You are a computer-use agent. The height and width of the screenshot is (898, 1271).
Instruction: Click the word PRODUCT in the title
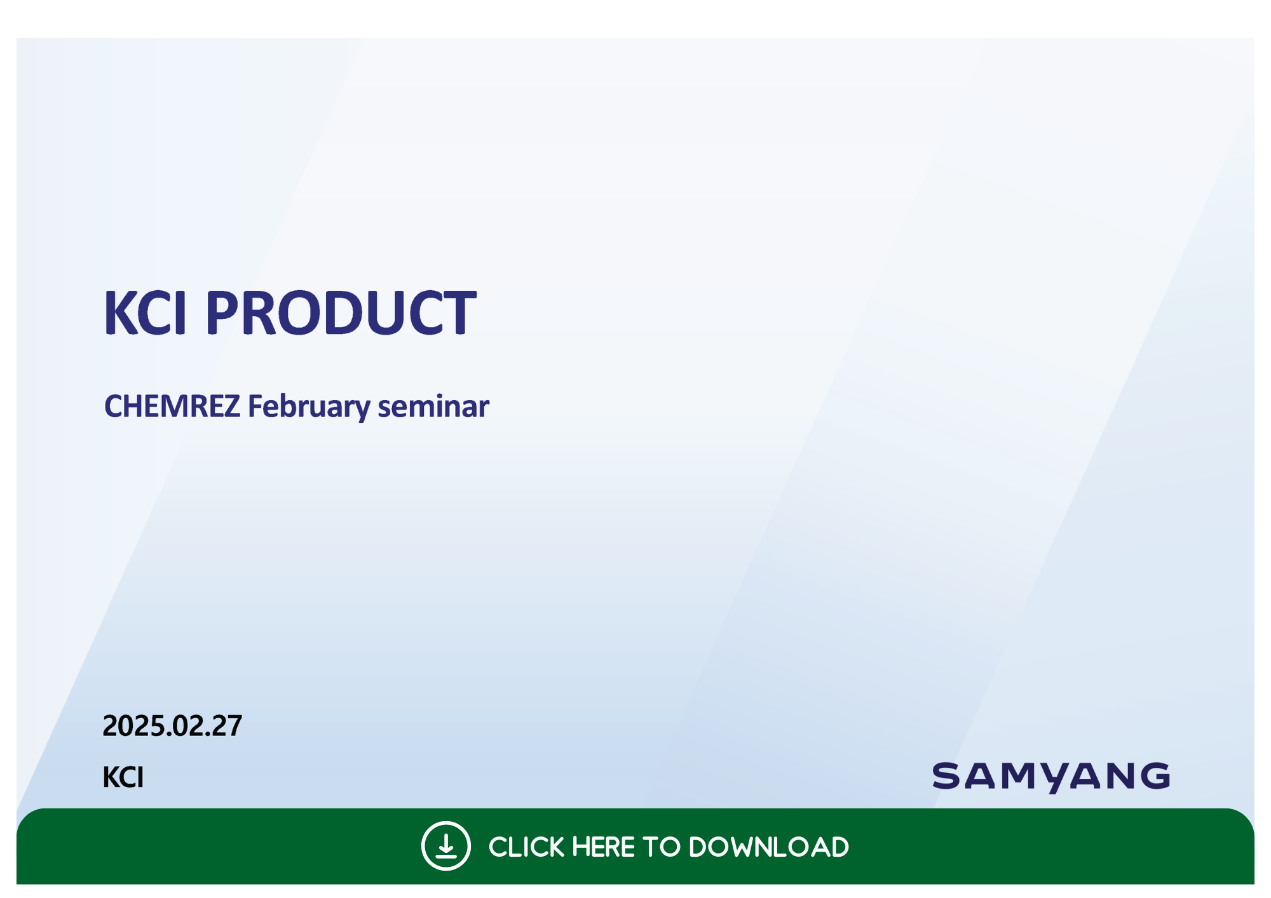pyautogui.click(x=341, y=312)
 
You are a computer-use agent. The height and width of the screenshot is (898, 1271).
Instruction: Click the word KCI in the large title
pyautogui.click(x=146, y=312)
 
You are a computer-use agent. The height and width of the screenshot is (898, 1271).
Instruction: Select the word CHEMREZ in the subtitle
pyautogui.click(x=172, y=406)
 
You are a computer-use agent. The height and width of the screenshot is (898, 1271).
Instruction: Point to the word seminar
pyautogui.click(x=433, y=406)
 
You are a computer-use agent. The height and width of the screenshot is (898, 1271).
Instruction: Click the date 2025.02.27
pyautogui.click(x=172, y=726)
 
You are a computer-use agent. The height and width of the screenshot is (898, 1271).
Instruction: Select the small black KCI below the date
pyautogui.click(x=123, y=777)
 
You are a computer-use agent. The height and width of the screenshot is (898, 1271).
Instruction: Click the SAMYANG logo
pyautogui.click(x=1050, y=777)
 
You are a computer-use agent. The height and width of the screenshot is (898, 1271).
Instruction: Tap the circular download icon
pyautogui.click(x=446, y=846)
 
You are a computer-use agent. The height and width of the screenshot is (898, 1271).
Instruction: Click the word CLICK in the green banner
pyautogui.click(x=526, y=847)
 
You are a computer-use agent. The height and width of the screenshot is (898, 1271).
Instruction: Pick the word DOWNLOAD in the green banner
pyautogui.click(x=769, y=847)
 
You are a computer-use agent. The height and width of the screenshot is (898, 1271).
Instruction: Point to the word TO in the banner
pyautogui.click(x=662, y=847)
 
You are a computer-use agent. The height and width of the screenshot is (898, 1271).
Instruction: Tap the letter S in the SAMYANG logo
pyautogui.click(x=948, y=776)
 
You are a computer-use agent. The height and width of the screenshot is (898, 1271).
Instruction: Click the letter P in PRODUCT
pyautogui.click(x=221, y=312)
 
